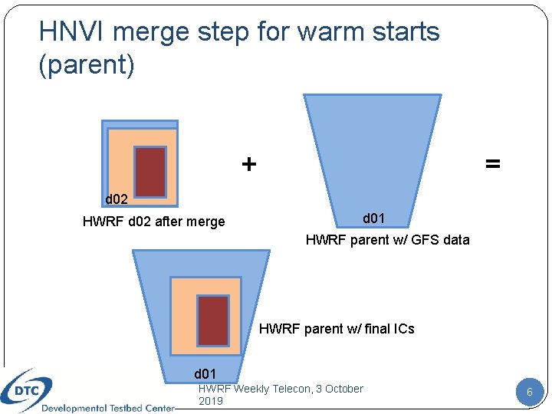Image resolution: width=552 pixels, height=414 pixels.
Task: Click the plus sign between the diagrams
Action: [x=249, y=164]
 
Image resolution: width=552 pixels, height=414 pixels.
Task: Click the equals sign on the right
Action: [x=492, y=164]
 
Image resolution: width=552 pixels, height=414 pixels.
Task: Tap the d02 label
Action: [x=117, y=199]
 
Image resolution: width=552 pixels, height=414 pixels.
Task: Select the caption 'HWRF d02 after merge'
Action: [x=153, y=222]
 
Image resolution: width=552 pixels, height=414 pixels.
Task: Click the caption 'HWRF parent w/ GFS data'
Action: [x=387, y=240]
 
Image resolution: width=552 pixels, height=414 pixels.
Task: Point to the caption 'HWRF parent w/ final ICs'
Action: [x=337, y=329]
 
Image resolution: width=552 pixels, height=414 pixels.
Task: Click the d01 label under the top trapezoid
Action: [x=373, y=219]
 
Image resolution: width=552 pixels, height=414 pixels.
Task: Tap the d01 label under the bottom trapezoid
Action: [x=205, y=374]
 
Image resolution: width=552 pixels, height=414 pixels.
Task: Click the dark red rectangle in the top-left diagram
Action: [x=150, y=172]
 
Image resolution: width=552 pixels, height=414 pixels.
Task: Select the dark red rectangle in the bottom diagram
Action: [x=214, y=320]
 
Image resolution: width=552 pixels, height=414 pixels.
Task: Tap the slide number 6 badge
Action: [x=529, y=393]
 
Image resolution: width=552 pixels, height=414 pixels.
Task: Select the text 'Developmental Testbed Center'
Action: [x=107, y=408]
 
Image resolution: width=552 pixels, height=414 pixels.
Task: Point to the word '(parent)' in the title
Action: [x=87, y=64]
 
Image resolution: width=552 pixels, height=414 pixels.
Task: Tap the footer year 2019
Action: [x=211, y=401]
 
